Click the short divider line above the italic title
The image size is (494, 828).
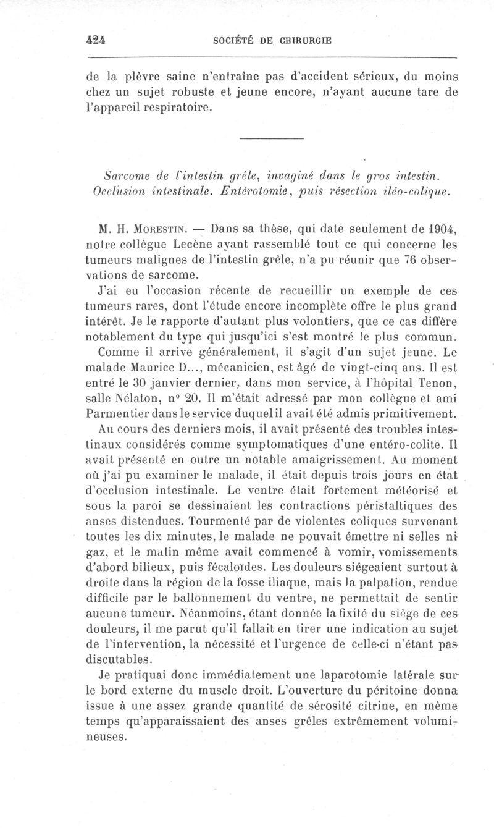tap(271, 137)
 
